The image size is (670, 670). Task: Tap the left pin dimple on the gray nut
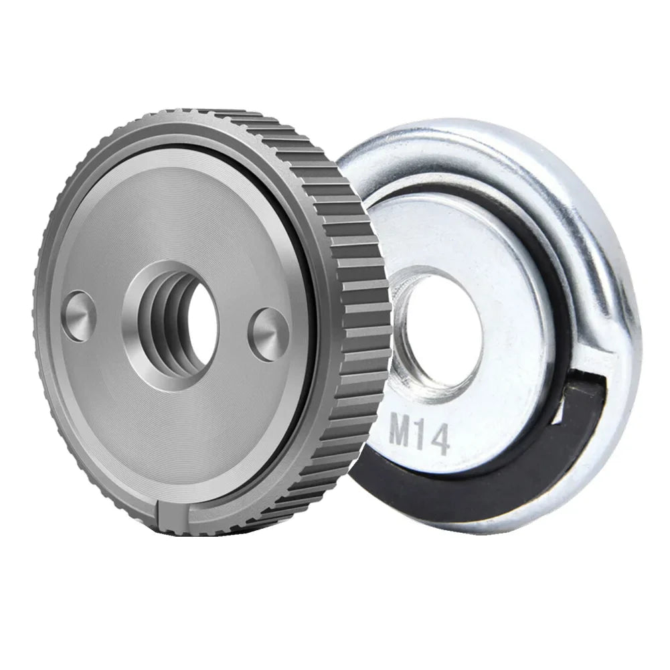point(80,316)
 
